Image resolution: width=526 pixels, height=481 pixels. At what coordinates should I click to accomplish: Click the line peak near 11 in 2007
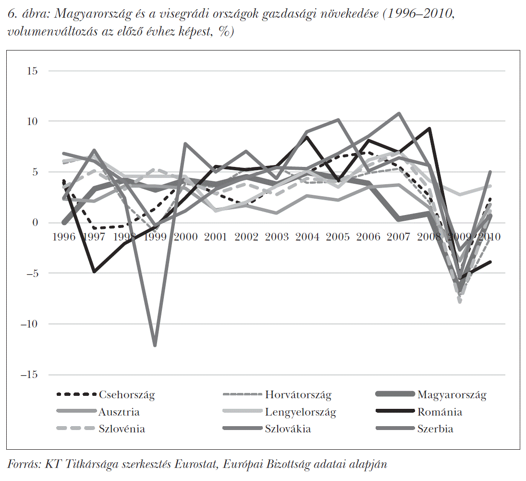399,114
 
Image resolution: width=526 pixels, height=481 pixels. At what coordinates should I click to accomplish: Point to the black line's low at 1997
94,272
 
